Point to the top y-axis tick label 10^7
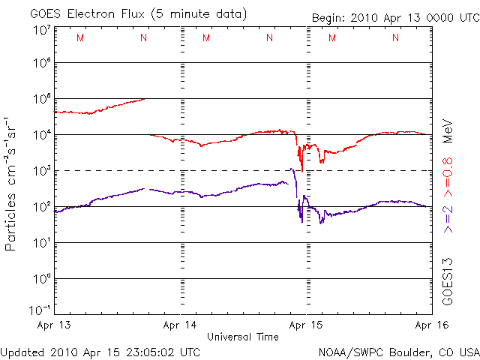tap(41, 29)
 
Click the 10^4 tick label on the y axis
tap(41, 135)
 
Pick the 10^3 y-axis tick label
tap(41, 171)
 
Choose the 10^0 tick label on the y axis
tap(41, 279)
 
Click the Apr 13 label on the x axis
tap(55, 325)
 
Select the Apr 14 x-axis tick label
tap(181, 325)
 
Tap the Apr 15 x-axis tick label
tap(306, 325)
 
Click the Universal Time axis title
tap(242, 337)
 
